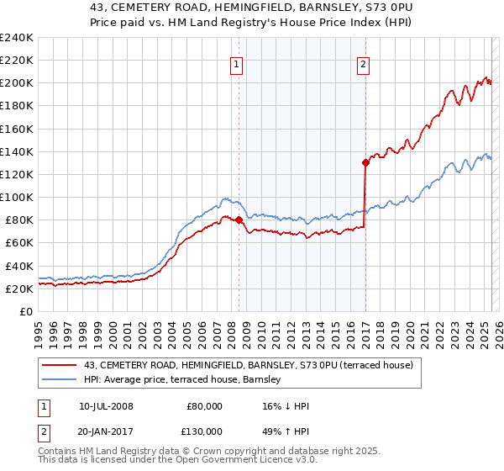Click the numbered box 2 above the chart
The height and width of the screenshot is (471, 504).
pyautogui.click(x=363, y=64)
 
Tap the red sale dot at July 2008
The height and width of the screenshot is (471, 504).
pyautogui.click(x=239, y=220)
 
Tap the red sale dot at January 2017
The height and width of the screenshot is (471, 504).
pyautogui.click(x=365, y=163)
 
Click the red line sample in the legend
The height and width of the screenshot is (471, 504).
pyautogui.click(x=60, y=366)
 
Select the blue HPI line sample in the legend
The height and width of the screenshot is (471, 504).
pyautogui.click(x=60, y=381)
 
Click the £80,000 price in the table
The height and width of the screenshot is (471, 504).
pyautogui.click(x=205, y=406)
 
